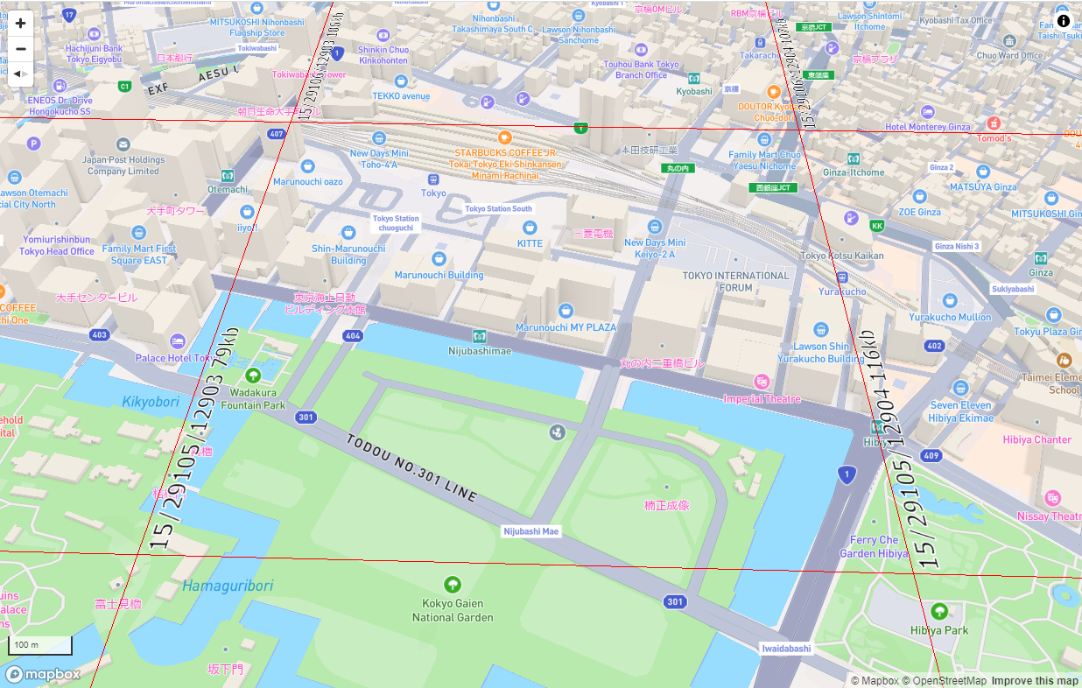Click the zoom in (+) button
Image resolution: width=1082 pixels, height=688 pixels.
pyautogui.click(x=21, y=24)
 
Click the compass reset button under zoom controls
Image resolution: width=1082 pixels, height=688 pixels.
pyautogui.click(x=21, y=74)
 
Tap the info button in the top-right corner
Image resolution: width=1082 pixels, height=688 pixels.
pyautogui.click(x=1063, y=21)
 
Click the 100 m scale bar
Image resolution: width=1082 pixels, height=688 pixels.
pyautogui.click(x=40, y=646)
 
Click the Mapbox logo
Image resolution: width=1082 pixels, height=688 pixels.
pyautogui.click(x=44, y=674)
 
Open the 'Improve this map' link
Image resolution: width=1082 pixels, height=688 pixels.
pyautogui.click(x=1035, y=681)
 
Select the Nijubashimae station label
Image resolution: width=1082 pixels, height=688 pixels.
pyautogui.click(x=479, y=350)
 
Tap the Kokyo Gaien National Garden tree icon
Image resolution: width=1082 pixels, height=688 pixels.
pyautogui.click(x=453, y=585)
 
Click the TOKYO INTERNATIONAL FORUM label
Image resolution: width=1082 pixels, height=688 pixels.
pyautogui.click(x=735, y=281)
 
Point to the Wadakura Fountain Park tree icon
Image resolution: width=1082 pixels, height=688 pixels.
pyautogui.click(x=253, y=376)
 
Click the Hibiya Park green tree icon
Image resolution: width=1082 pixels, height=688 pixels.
pyautogui.click(x=939, y=611)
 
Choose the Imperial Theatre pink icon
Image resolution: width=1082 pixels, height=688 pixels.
pyautogui.click(x=762, y=382)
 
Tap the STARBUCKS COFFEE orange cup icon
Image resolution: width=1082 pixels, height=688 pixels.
pyautogui.click(x=504, y=137)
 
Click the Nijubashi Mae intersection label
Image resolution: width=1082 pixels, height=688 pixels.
pyautogui.click(x=530, y=531)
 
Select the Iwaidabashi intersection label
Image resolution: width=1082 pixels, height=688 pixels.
pyautogui.click(x=785, y=649)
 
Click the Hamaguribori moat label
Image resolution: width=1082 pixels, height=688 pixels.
pyautogui.click(x=228, y=586)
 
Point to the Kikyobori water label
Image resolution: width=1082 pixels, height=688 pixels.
pyautogui.click(x=150, y=402)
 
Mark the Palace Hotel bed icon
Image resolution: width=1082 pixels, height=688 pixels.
pyautogui.click(x=178, y=340)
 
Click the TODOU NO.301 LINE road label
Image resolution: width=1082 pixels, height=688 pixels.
pyautogui.click(x=411, y=468)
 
